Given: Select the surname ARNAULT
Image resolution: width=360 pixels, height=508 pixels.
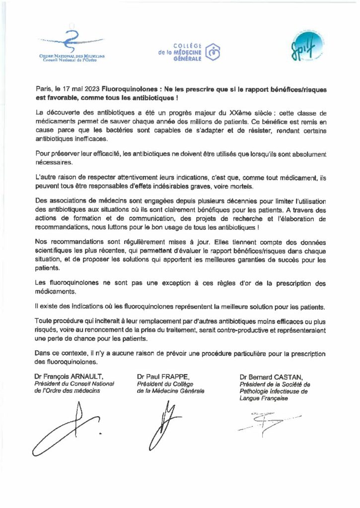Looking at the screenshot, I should click(x=89, y=377).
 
